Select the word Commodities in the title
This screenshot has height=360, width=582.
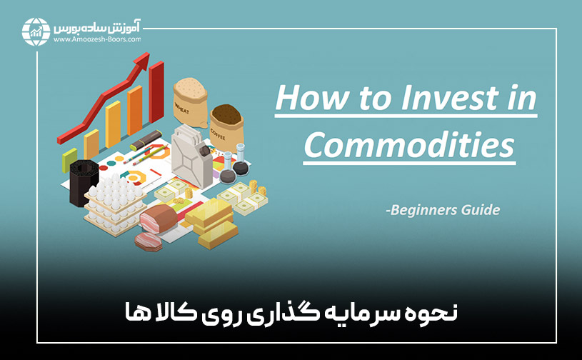pyautogui.click(x=408, y=146)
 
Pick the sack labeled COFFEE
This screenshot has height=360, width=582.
pyautogui.click(x=226, y=126)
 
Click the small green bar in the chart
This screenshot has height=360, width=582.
pyautogui.click(x=69, y=160)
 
